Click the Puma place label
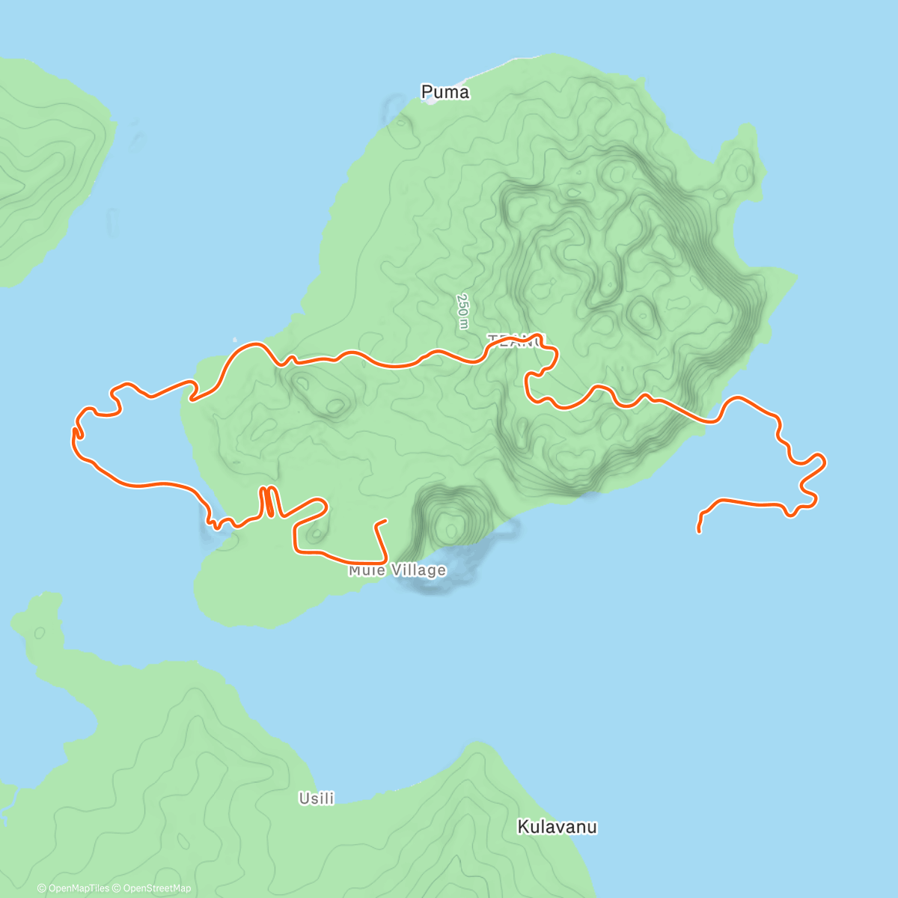click(x=445, y=92)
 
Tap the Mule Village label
click(x=397, y=571)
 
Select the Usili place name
click(x=317, y=798)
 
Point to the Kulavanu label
click(x=558, y=827)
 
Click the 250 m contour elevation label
click(x=463, y=311)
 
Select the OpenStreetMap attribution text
click(x=156, y=888)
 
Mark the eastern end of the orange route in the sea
click(x=698, y=531)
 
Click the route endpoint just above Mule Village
click(x=385, y=520)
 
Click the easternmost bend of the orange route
click(x=824, y=460)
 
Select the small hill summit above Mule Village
click(x=450, y=528)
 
